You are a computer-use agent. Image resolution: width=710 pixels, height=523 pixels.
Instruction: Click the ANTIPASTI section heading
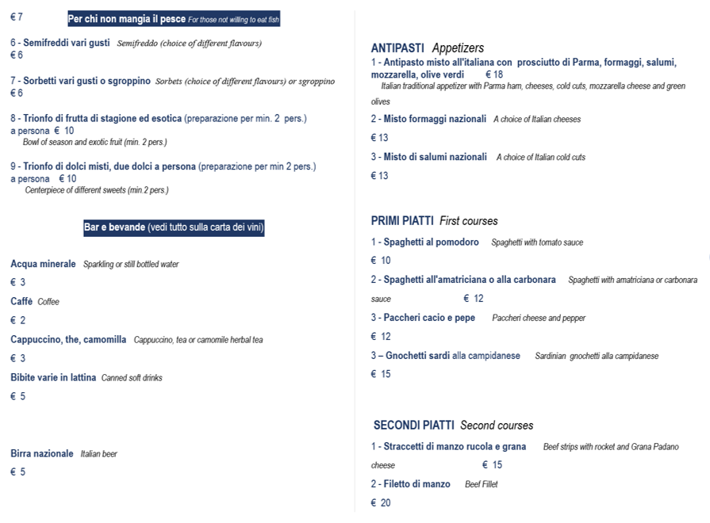point(397,48)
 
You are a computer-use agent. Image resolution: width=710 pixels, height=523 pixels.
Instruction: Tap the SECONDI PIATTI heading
point(413,426)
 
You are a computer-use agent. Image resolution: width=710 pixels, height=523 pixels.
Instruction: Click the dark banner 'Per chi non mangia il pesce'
point(173,19)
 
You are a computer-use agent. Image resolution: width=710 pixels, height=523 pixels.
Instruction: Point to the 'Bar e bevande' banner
point(173,228)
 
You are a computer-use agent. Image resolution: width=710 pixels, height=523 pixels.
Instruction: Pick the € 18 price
point(493,74)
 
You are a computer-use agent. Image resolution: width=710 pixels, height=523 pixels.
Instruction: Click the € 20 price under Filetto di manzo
point(381,503)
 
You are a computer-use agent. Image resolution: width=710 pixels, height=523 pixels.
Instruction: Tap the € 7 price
point(17,17)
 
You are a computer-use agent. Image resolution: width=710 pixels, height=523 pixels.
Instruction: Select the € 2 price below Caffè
point(17,320)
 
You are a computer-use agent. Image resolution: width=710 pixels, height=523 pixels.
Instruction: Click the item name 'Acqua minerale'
point(43,264)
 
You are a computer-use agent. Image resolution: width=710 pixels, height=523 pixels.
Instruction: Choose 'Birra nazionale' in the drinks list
point(41,454)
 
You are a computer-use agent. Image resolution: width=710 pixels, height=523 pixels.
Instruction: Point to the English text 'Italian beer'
point(98,454)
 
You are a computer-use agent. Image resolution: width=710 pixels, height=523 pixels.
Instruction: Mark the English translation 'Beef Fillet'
point(481,484)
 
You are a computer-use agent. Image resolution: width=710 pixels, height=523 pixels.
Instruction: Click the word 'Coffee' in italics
point(48,302)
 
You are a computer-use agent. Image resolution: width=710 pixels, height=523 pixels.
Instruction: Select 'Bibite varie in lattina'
point(53,378)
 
